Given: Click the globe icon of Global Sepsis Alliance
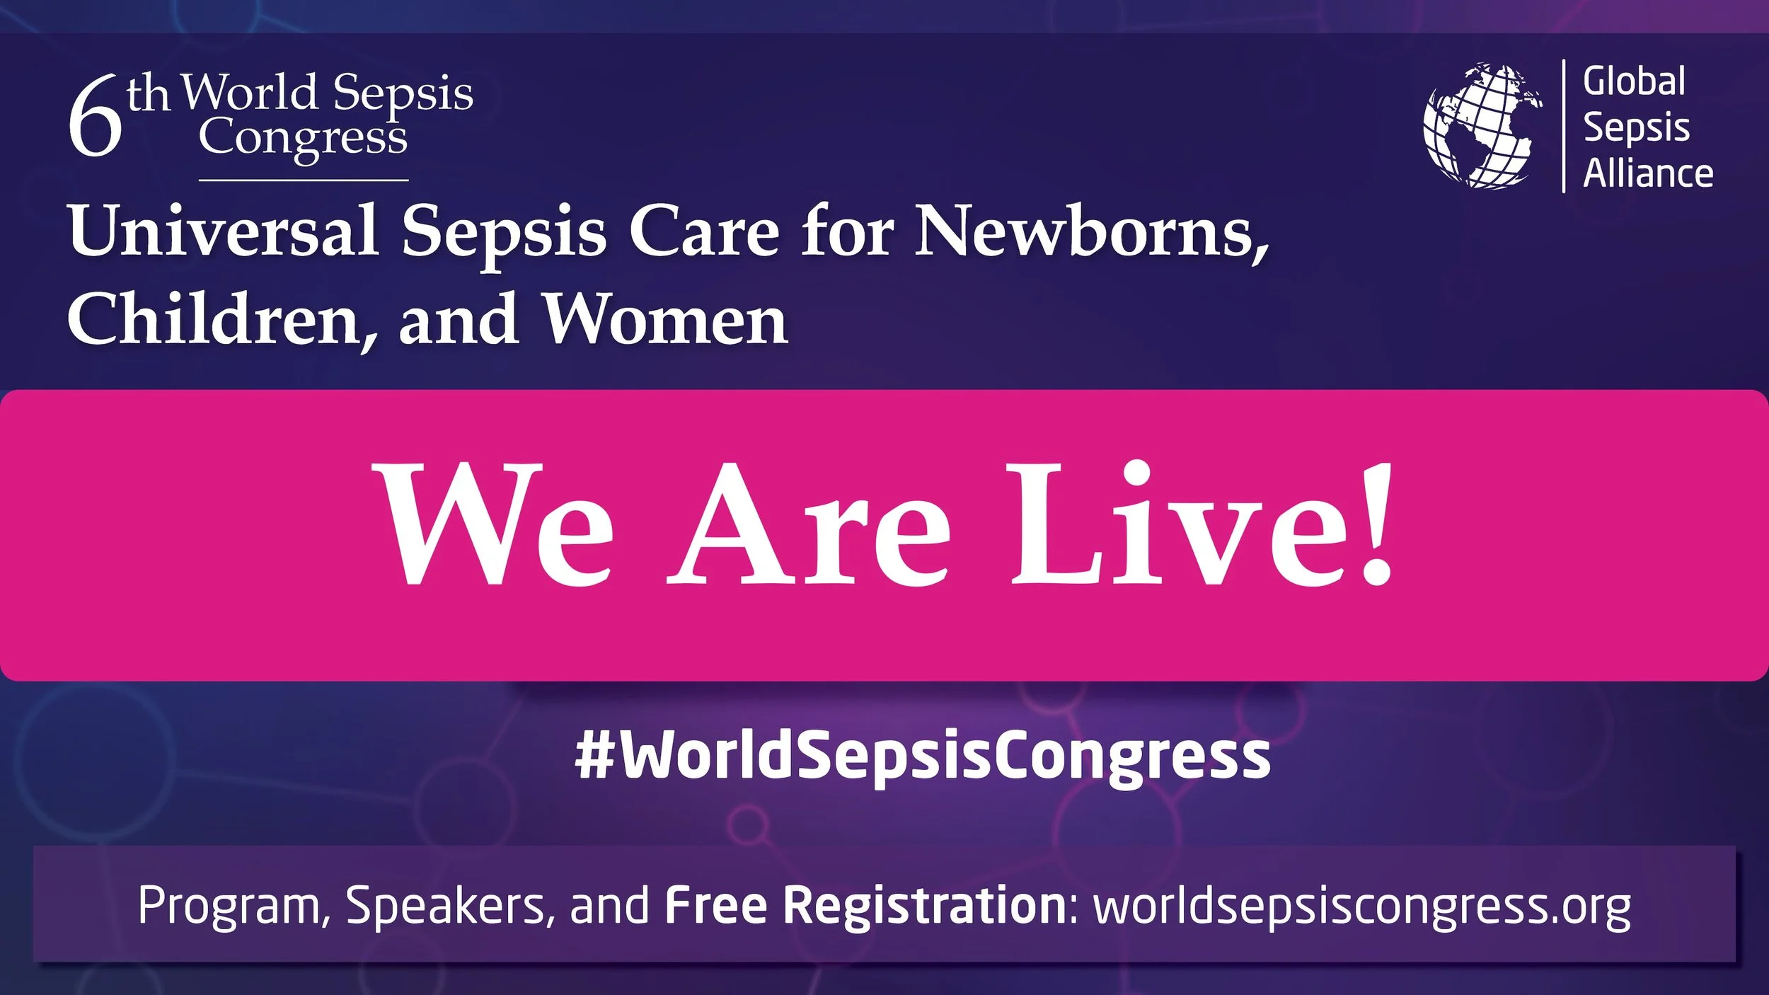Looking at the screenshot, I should click(1482, 126).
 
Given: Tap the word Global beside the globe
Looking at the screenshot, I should click(1634, 81).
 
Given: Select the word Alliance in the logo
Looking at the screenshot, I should click(1647, 174).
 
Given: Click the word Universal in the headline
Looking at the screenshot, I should click(224, 231).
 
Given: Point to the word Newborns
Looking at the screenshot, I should click(1090, 231).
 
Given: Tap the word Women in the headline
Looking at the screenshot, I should click(665, 320).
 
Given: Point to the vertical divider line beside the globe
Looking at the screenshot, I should click(1563, 126).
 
